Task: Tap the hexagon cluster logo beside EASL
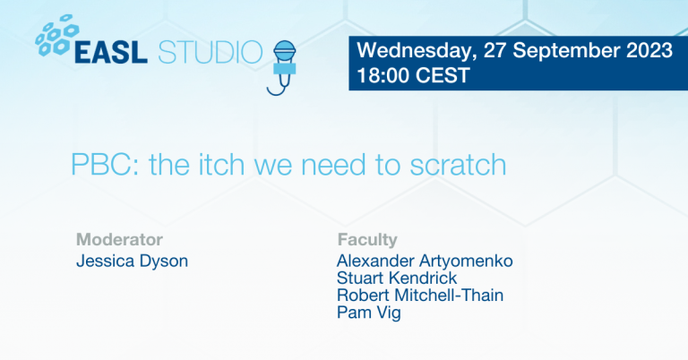[57, 36]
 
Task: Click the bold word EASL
[111, 52]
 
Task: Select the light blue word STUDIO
[211, 52]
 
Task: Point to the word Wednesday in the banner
[417, 51]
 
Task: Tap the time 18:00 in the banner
[383, 75]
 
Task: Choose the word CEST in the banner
[443, 75]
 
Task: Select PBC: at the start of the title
[106, 165]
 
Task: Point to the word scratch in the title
[458, 164]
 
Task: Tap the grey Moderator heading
[119, 239]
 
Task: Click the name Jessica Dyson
[132, 261]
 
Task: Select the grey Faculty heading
[367, 240]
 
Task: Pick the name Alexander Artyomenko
[425, 261]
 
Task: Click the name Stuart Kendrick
[397, 278]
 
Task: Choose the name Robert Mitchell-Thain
[420, 295]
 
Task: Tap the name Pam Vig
[368, 313]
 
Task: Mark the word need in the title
[333, 165]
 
